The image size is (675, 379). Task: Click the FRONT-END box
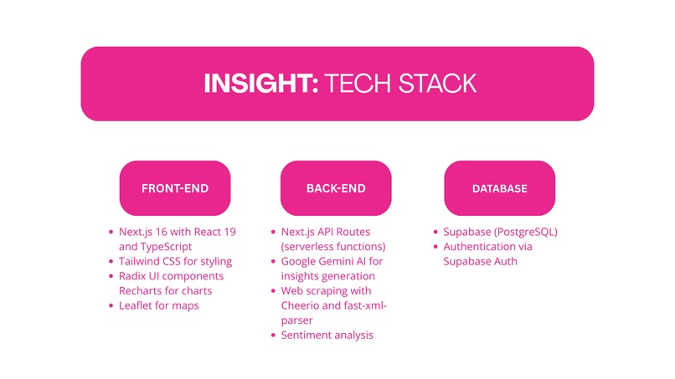pyautogui.click(x=174, y=188)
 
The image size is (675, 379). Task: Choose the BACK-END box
pyautogui.click(x=336, y=188)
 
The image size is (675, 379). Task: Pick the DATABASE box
pyautogui.click(x=500, y=188)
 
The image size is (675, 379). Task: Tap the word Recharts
pyautogui.click(x=143, y=291)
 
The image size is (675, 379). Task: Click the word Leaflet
pyautogui.click(x=138, y=305)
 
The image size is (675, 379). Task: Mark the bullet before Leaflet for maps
pyautogui.click(x=111, y=306)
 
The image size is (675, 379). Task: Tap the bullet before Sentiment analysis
pyautogui.click(x=274, y=335)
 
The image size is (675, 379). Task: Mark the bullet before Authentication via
pyautogui.click(x=435, y=247)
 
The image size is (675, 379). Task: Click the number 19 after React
pyautogui.click(x=226, y=232)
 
